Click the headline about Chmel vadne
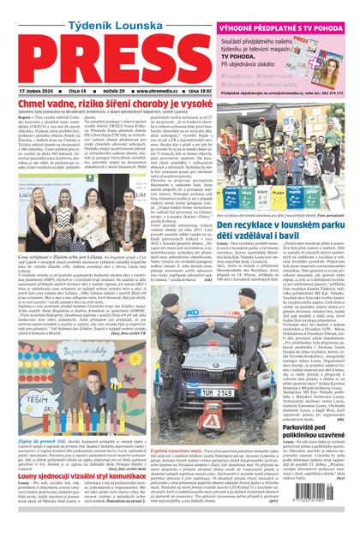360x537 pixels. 108,104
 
